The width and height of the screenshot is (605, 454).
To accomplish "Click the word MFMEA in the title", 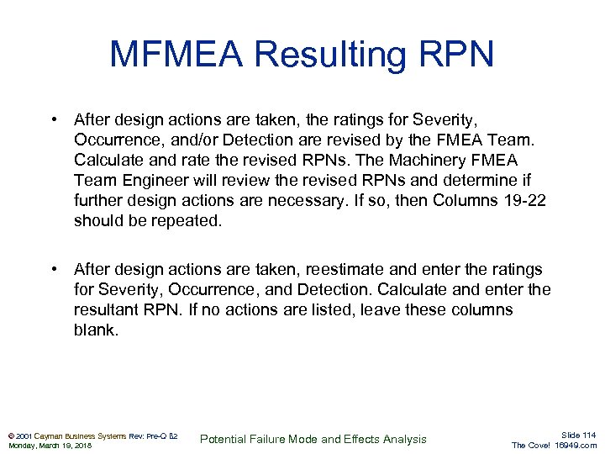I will [x=176, y=55].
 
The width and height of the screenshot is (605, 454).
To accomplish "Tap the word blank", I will [x=95, y=330].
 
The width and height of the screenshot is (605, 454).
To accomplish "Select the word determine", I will [x=469, y=180].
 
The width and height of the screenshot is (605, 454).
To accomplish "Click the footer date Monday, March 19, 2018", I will [x=50, y=446].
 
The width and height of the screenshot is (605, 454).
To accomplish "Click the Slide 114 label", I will [x=577, y=434].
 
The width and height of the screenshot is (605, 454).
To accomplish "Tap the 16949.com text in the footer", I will [x=576, y=446].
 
